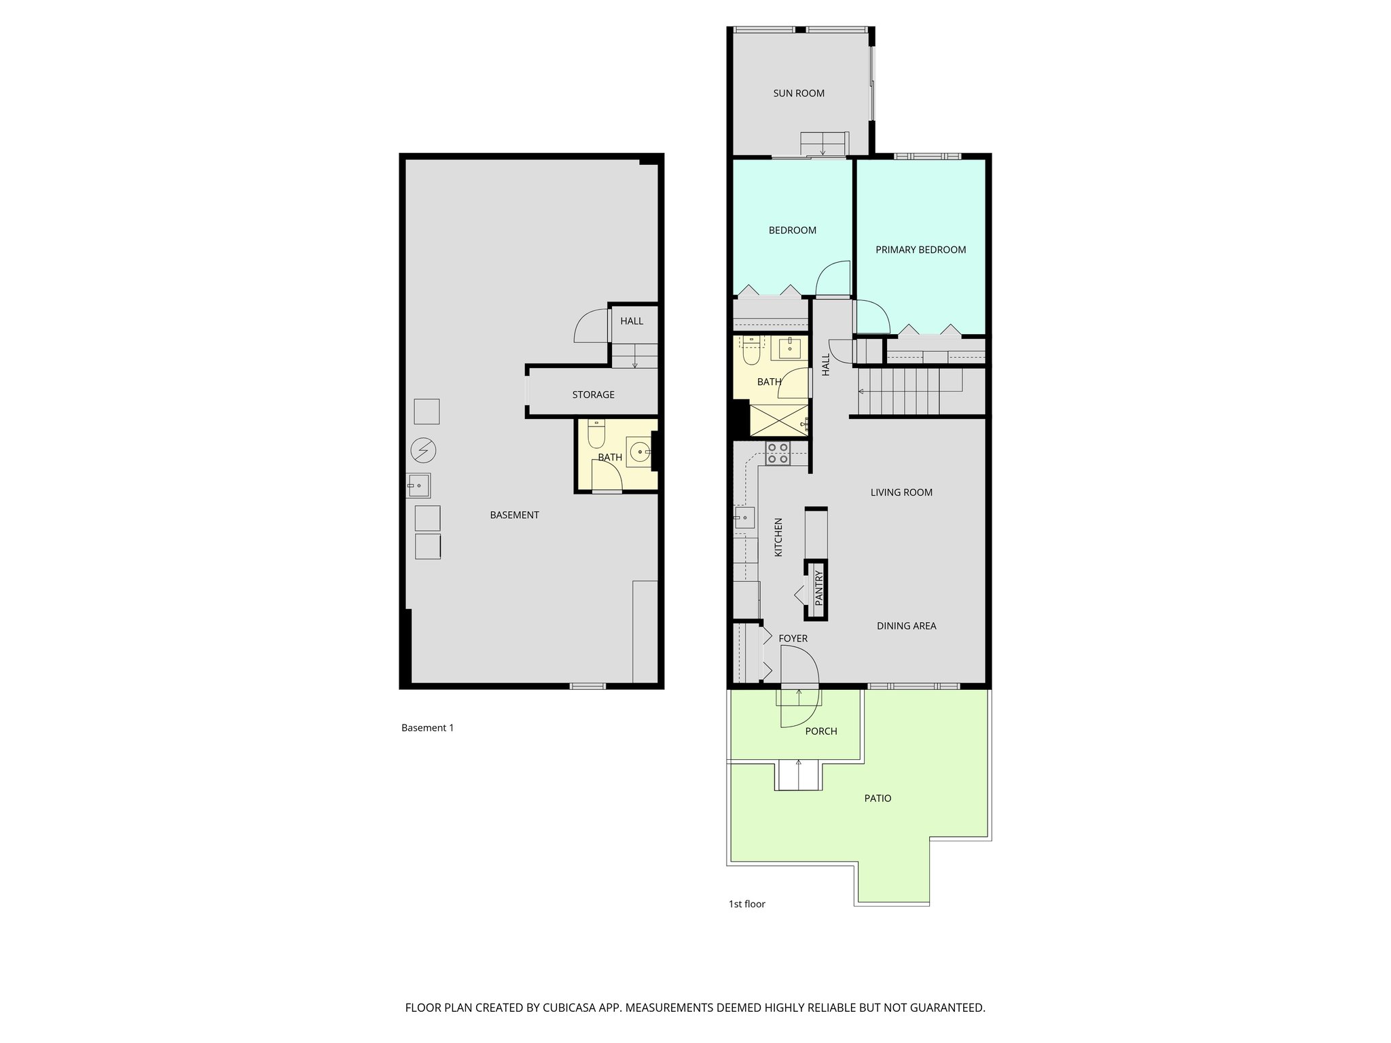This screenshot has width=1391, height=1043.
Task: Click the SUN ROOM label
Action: (x=799, y=94)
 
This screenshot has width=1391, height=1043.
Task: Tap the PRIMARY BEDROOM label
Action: (x=920, y=250)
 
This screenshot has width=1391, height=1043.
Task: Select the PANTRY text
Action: (x=818, y=589)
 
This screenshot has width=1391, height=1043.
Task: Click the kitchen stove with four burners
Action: (x=777, y=453)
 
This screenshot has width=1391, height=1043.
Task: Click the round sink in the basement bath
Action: (x=639, y=451)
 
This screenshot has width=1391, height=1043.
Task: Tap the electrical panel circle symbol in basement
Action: (x=423, y=450)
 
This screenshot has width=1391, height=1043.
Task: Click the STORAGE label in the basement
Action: (x=593, y=395)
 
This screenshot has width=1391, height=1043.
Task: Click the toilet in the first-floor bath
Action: (x=751, y=354)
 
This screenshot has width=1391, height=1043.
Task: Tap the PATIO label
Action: (x=878, y=799)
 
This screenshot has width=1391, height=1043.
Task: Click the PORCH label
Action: (x=820, y=731)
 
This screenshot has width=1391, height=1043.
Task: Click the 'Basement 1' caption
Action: (x=427, y=728)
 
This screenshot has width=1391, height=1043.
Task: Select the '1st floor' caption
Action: (x=746, y=904)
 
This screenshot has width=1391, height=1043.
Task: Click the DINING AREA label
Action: (x=906, y=626)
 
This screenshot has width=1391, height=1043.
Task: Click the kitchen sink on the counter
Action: (x=744, y=517)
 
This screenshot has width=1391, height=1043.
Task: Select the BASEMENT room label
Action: (x=514, y=515)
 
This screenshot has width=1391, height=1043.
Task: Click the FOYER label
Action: (x=793, y=638)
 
